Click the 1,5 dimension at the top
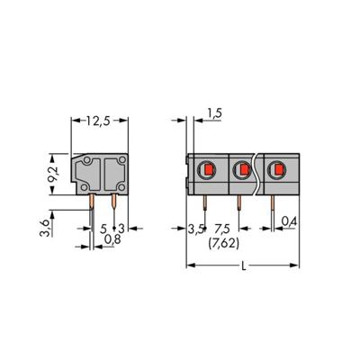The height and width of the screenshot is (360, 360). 212,112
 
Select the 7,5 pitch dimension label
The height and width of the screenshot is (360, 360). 220,229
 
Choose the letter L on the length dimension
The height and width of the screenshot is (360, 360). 244,268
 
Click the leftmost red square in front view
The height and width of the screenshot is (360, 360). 205,169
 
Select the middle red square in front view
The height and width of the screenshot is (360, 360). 242,169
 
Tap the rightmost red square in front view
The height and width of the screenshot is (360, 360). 279,169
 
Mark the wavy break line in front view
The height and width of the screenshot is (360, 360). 258,175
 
